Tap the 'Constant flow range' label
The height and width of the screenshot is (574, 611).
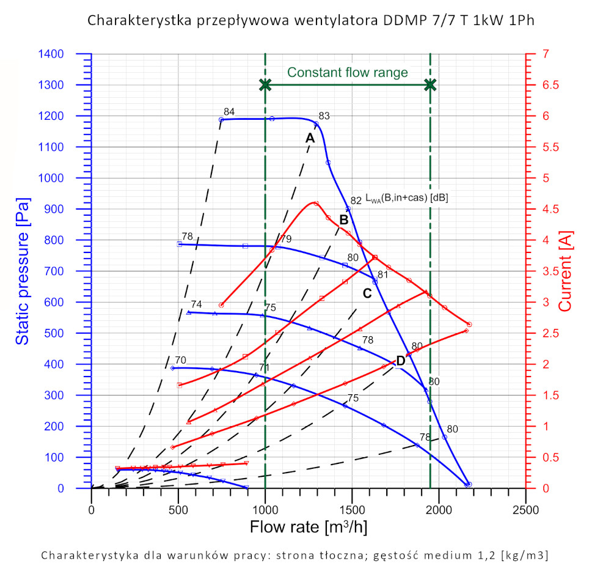click(x=347, y=73)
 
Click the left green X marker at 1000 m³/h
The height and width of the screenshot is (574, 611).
click(x=265, y=85)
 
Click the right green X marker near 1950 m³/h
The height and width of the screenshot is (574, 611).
click(x=430, y=85)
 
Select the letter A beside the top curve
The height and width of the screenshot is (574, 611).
click(x=310, y=138)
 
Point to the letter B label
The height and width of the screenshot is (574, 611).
click(x=344, y=220)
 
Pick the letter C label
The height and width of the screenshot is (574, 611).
click(x=367, y=293)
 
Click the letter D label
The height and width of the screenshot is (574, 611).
click(x=401, y=360)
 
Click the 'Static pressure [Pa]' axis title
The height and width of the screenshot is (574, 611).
click(x=23, y=271)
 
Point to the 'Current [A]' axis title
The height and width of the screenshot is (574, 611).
click(x=566, y=271)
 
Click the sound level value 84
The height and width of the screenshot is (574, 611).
click(x=229, y=111)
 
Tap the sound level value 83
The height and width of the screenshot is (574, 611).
click(x=324, y=116)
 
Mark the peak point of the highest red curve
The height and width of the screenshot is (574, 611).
click(x=315, y=203)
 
